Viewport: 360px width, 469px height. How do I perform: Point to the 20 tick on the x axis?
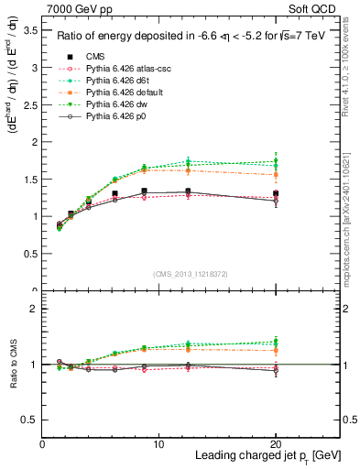[276, 443]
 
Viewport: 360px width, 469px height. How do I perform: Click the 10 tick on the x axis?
[158, 443]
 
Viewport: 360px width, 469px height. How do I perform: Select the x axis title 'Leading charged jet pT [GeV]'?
[266, 456]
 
